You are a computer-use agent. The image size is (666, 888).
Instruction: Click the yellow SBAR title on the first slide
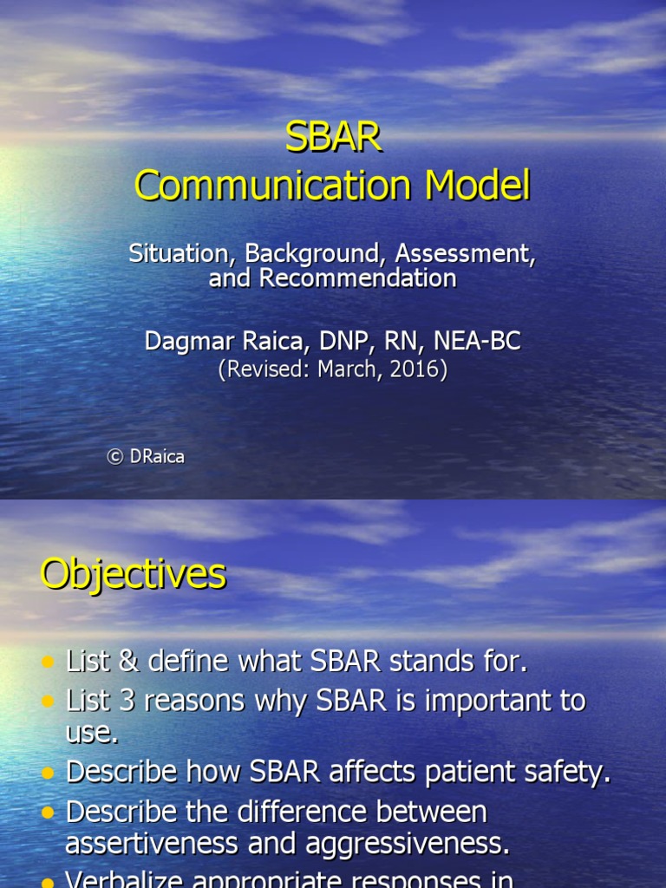333,139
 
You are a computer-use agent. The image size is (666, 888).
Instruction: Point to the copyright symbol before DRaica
114,457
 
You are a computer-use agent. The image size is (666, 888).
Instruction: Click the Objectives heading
133,574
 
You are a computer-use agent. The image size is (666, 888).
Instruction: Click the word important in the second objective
468,702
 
